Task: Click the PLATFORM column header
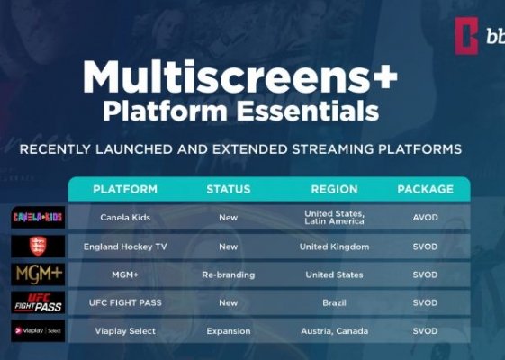[125, 189]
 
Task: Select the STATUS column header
[229, 189]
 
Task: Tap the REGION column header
[334, 189]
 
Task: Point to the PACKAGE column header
[426, 189]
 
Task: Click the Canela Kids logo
[38, 218]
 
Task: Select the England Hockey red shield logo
[38, 246]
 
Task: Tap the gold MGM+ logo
[39, 274]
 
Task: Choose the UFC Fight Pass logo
[38, 302]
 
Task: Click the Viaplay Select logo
[38, 330]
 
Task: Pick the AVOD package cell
[425, 218]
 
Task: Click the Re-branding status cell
[229, 274]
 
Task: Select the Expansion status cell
[229, 331]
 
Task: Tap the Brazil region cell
[334, 302]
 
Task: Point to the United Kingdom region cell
[334, 247]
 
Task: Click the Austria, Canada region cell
[334, 331]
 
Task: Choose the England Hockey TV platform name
[125, 247]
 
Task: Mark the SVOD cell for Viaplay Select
[425, 331]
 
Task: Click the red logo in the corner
[466, 36]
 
